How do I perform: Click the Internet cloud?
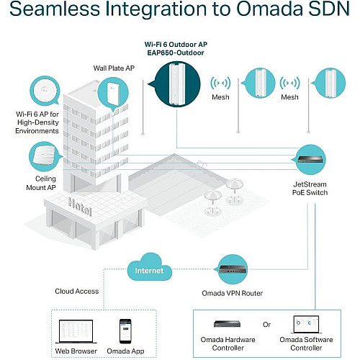pyautogui.click(x=149, y=268)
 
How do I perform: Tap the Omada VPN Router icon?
pyautogui.click(x=233, y=269)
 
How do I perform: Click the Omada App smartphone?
pyautogui.click(x=125, y=331)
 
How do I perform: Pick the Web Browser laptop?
pyautogui.click(x=76, y=331)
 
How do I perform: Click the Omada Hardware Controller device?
pyautogui.click(x=227, y=324)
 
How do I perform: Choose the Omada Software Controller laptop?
pyautogui.click(x=306, y=325)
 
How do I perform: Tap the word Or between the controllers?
pyautogui.click(x=266, y=325)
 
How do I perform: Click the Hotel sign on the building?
pyautogui.click(x=80, y=207)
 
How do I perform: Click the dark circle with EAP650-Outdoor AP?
pyautogui.click(x=176, y=84)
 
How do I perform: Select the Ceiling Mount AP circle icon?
pyautogui.click(x=45, y=156)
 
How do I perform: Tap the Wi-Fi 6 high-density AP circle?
pyautogui.click(x=45, y=91)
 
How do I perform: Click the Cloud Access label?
pyautogui.click(x=77, y=291)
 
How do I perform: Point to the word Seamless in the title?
pyautogui.click(x=55, y=9)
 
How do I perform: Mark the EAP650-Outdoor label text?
pyautogui.click(x=176, y=53)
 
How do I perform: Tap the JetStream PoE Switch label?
pyautogui.click(x=310, y=189)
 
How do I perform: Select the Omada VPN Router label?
pyautogui.click(x=233, y=293)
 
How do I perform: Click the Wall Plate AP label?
pyautogui.click(x=114, y=68)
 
